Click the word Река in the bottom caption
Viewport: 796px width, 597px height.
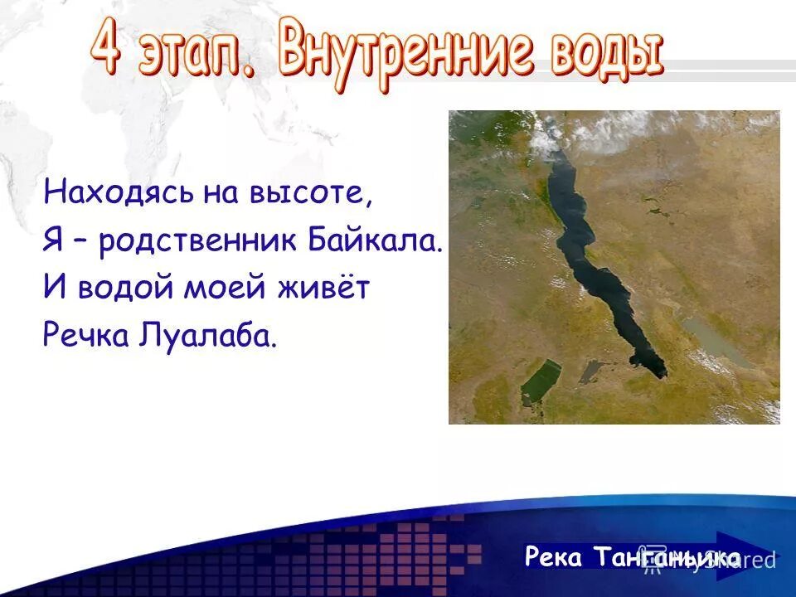pyautogui.click(x=555, y=557)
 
